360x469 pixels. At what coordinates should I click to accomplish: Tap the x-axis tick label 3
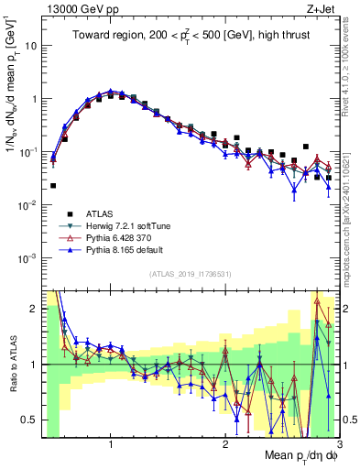[338, 446]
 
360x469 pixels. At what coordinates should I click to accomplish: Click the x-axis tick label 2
[224, 446]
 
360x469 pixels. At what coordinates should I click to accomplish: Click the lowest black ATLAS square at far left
[53, 185]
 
